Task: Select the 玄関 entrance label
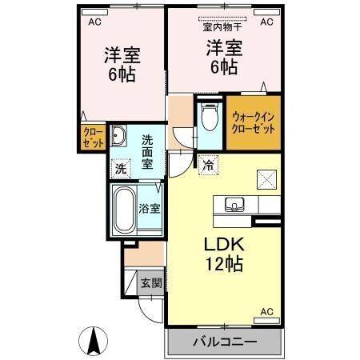(x=150, y=282)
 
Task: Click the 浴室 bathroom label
(x=150, y=208)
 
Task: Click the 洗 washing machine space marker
(x=120, y=169)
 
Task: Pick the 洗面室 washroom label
(x=148, y=150)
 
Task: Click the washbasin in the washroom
(x=118, y=135)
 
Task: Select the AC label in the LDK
(x=267, y=311)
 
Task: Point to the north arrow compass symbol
(x=94, y=342)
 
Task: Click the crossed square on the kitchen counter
(x=266, y=178)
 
